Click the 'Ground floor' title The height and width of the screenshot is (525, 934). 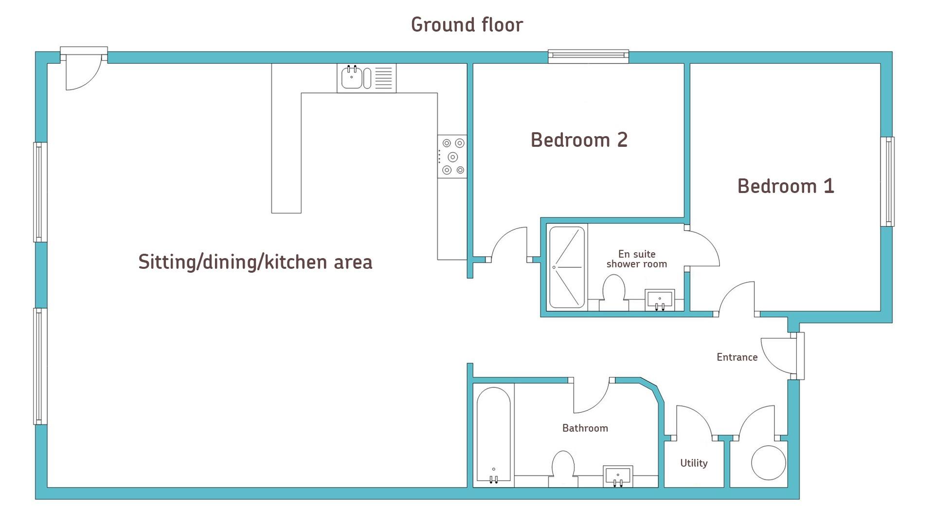467,25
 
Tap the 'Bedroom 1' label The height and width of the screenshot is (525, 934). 786,186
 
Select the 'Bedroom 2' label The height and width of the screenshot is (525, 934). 579,140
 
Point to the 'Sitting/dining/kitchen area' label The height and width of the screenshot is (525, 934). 255,262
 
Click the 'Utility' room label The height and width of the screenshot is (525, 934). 694,463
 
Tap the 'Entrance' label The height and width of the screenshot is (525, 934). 737,357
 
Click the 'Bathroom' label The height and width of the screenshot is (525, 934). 585,428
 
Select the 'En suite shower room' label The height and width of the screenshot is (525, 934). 637,259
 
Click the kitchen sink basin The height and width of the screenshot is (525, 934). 352,78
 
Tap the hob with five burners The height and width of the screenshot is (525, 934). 452,157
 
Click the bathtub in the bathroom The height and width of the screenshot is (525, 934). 494,435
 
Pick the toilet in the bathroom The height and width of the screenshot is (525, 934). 563,469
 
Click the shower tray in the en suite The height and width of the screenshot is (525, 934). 567,267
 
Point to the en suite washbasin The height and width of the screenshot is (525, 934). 660,300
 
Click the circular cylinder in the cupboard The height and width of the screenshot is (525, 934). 769,463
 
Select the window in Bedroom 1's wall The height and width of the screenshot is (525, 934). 887,182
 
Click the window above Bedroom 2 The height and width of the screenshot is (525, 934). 589,56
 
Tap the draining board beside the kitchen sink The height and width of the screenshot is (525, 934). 383,78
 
